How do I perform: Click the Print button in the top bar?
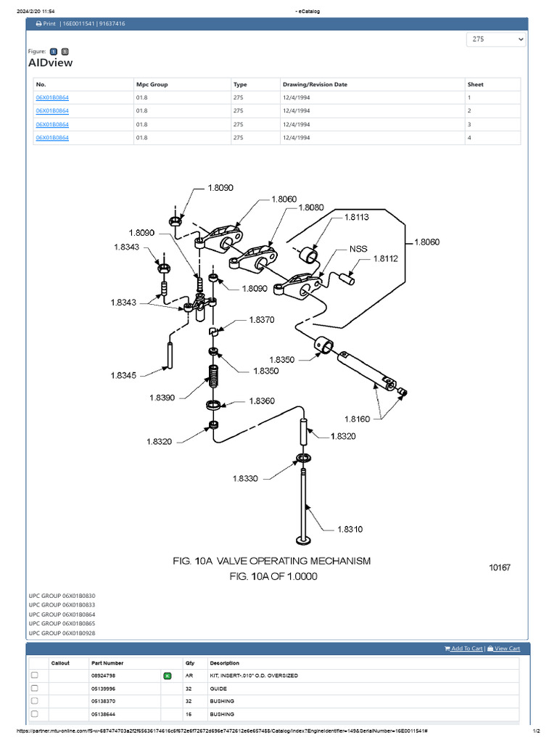[46, 23]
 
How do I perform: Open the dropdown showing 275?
[496, 39]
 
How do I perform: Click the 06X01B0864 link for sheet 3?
[52, 124]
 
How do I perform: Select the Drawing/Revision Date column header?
[314, 84]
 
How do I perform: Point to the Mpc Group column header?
[152, 84]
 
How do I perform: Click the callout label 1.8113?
[356, 216]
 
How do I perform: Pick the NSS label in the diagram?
[358, 248]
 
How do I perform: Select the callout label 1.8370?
[262, 319]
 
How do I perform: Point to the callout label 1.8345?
[125, 375]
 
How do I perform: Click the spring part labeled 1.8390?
[214, 377]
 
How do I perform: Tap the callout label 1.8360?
[262, 401]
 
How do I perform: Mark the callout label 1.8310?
[350, 529]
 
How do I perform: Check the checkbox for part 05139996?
[34, 688]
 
